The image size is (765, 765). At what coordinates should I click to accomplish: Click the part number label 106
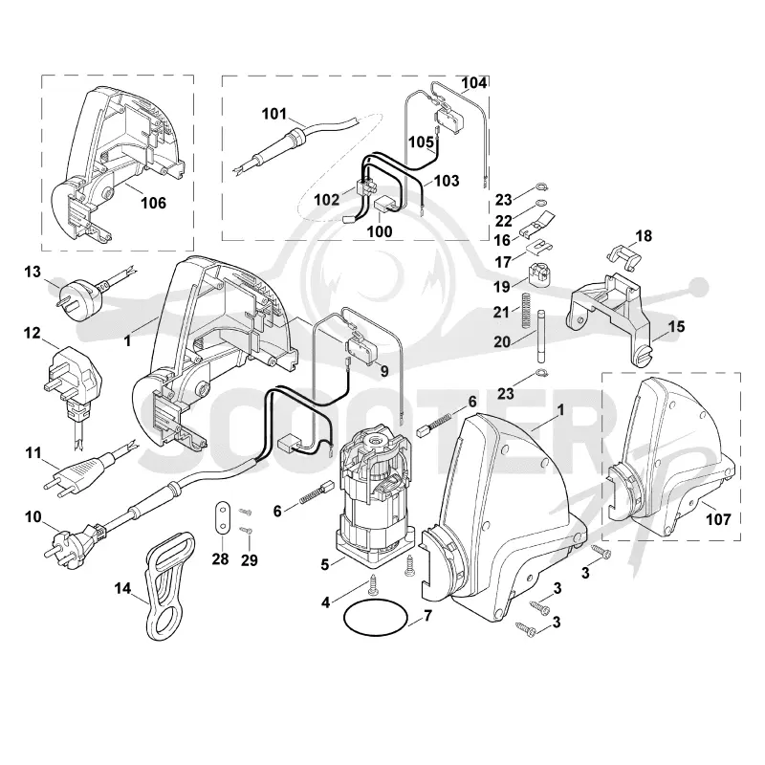tap(153, 203)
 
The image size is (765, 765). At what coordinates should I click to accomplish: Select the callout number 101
tap(274, 114)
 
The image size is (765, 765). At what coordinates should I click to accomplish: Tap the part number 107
tap(719, 519)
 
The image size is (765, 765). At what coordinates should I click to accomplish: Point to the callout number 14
tap(122, 588)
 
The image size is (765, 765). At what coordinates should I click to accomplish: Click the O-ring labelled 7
tap(375, 620)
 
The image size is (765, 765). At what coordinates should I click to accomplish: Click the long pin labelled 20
tap(541, 336)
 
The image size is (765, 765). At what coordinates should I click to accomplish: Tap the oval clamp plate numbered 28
tap(222, 517)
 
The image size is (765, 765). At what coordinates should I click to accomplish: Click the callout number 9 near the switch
tap(384, 371)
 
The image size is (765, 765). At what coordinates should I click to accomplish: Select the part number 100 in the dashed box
tap(380, 231)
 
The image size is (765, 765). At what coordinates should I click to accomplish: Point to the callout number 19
tap(501, 286)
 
